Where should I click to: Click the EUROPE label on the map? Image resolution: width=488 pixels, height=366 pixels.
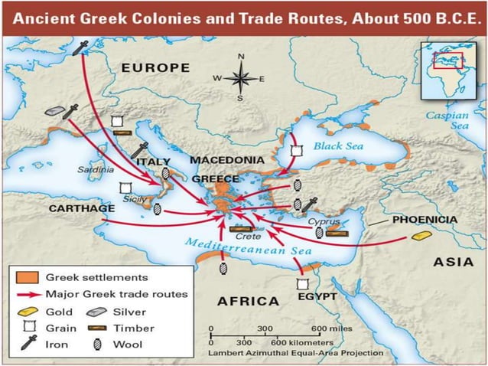(x=155, y=68)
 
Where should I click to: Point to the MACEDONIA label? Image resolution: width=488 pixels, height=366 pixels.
(x=227, y=161)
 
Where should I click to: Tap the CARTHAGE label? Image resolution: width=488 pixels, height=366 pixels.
(x=82, y=208)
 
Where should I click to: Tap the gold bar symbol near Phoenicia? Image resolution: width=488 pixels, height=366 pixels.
(x=421, y=236)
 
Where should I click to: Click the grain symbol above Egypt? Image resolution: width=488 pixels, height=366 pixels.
(x=301, y=283)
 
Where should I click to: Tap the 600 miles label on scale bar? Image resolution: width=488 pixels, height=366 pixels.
(x=336, y=328)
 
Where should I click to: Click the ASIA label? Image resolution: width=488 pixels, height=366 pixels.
(x=454, y=262)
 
